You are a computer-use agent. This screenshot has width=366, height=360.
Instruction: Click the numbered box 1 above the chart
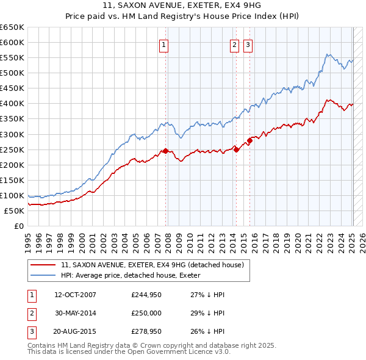[x=165, y=43]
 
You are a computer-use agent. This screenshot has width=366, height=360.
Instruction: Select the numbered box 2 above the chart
[x=234, y=43]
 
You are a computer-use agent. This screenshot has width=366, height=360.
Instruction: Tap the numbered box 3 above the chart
[x=248, y=43]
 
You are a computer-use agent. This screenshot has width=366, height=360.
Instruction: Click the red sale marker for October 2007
[x=165, y=151]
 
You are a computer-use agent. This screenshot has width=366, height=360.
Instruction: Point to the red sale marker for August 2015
[x=250, y=140]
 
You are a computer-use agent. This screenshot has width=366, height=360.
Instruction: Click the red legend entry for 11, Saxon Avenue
[x=152, y=265]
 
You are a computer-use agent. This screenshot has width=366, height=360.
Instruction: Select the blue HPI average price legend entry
[x=134, y=275]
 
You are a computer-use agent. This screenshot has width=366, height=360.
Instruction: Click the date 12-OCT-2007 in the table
[x=75, y=295]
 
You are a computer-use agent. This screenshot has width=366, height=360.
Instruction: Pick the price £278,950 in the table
[x=146, y=333]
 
